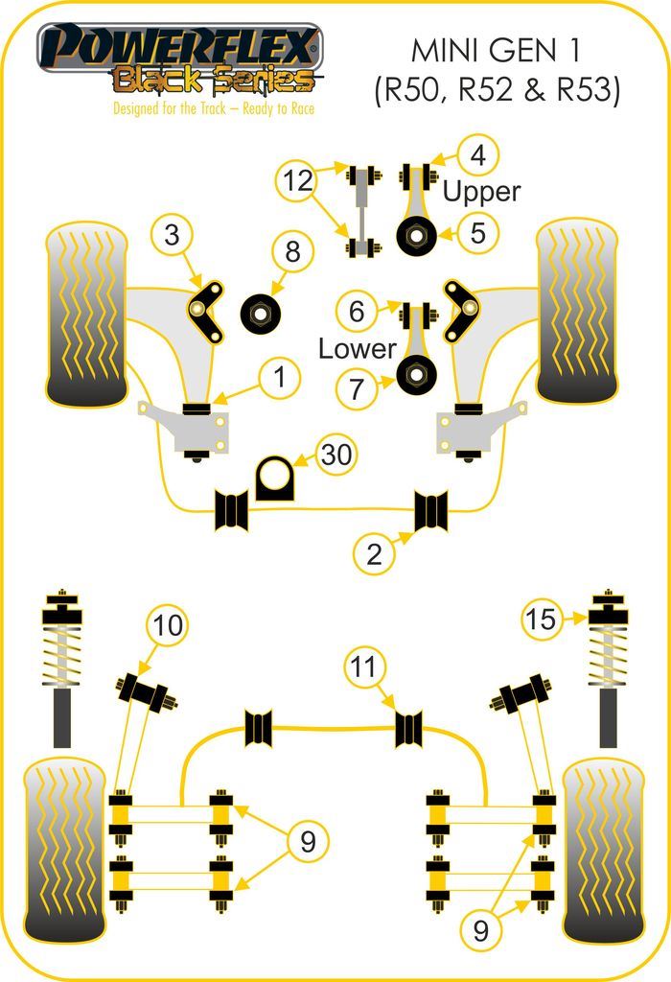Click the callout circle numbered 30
(335, 456)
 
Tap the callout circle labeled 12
(299, 179)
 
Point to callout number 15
(542, 620)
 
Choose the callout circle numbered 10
(168, 626)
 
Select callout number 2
(374, 553)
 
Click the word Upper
(480, 192)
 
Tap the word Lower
(357, 348)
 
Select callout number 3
(173, 235)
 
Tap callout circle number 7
(357, 388)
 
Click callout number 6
(357, 311)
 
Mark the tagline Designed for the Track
(214, 107)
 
